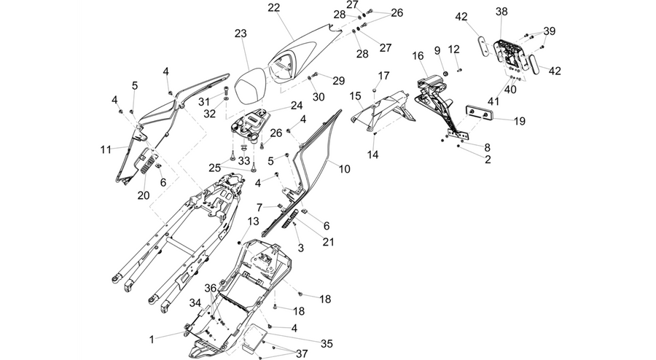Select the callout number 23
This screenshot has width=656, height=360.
(x=241, y=34)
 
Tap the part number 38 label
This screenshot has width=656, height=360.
(x=501, y=12)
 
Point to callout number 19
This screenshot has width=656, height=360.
(x=520, y=121)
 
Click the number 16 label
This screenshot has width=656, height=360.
(x=418, y=56)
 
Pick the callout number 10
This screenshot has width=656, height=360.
(x=344, y=169)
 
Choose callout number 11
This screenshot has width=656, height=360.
(x=106, y=149)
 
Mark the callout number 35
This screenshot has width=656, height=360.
(x=327, y=344)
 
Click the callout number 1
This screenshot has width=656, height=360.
(x=152, y=340)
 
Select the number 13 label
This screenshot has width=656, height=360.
(x=254, y=222)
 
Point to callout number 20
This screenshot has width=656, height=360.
(x=144, y=195)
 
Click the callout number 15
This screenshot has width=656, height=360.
(x=355, y=97)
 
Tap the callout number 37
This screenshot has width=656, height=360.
(x=302, y=354)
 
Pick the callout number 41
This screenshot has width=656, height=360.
(x=493, y=101)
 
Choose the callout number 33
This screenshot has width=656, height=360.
(x=244, y=160)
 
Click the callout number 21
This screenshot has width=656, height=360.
(x=329, y=242)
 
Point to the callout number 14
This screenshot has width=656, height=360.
(x=372, y=154)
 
